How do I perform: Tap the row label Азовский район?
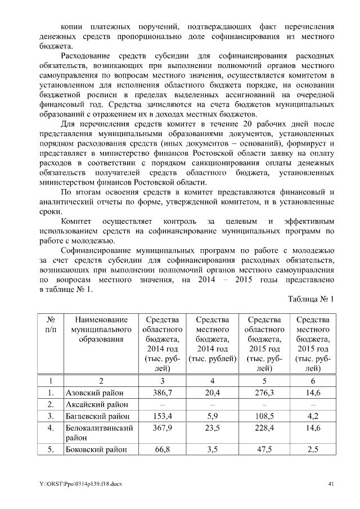pos(94,392)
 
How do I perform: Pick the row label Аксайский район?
pos(96,404)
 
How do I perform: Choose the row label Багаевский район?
pos(97,416)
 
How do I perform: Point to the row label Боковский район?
pos(95,449)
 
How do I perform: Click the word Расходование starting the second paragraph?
pos(86,57)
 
